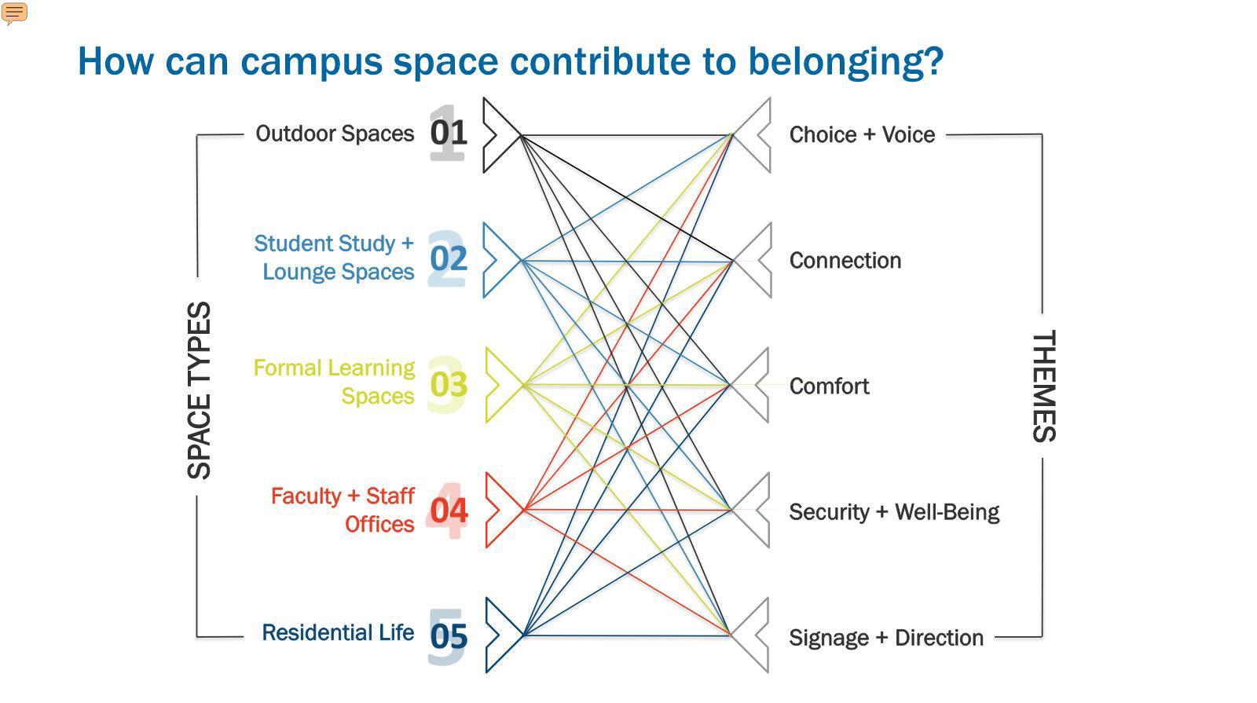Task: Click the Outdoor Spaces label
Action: click(335, 134)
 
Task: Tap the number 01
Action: click(449, 133)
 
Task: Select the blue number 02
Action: click(449, 258)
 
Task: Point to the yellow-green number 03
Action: click(449, 384)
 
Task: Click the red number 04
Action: click(449, 511)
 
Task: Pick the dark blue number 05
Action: click(449, 636)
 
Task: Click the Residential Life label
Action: click(338, 632)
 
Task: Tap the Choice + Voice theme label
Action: click(862, 134)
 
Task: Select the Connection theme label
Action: click(845, 260)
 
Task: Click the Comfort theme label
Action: click(829, 386)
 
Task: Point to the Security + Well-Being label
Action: click(894, 511)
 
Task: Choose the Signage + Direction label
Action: click(885, 637)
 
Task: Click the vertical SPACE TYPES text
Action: click(200, 390)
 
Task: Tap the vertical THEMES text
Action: click(1043, 386)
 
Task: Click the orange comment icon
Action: click(15, 13)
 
